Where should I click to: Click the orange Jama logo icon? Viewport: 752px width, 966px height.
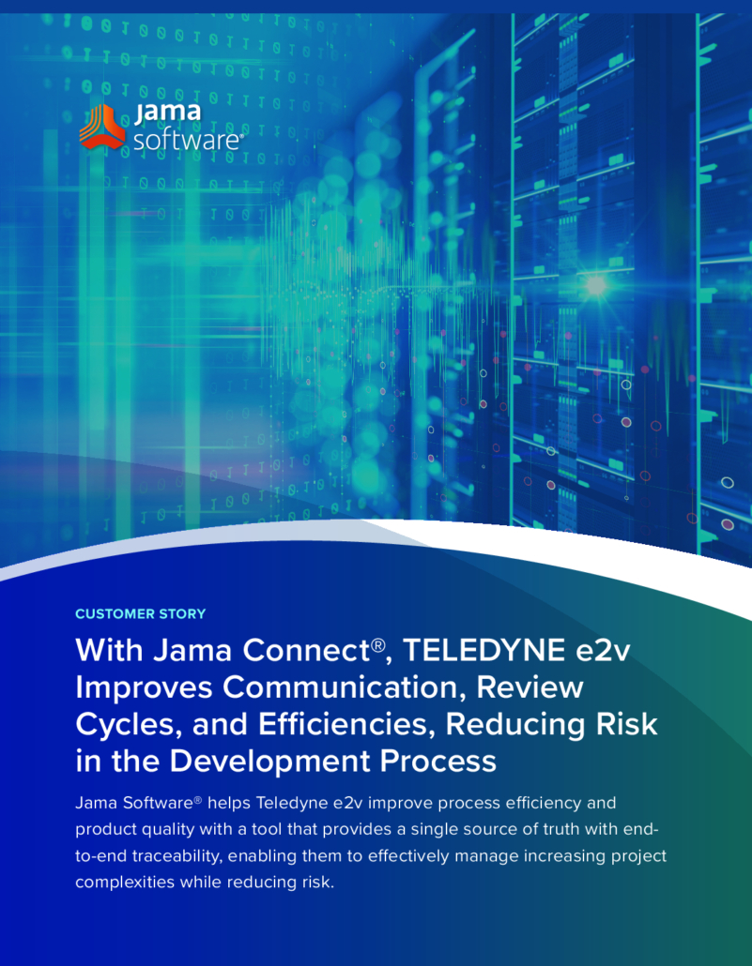[x=102, y=127]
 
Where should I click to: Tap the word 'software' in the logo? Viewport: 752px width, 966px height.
[x=186, y=141]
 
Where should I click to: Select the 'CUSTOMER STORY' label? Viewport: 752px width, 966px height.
[x=141, y=613]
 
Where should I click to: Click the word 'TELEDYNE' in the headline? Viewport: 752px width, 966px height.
[x=483, y=650]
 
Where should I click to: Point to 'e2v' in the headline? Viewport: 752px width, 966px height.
[x=603, y=651]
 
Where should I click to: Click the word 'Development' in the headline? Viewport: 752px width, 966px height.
[x=269, y=762]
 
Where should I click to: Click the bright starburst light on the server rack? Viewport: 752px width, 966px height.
[x=595, y=285]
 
